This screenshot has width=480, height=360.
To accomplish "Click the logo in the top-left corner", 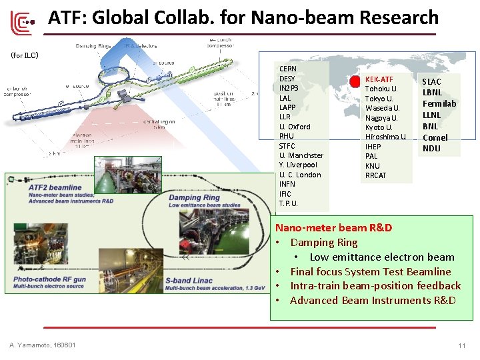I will (x=21, y=24).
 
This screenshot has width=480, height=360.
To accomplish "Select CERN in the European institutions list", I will (x=288, y=69).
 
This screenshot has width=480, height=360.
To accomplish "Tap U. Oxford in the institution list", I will (x=295, y=127).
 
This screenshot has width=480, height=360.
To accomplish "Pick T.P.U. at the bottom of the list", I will (x=289, y=203).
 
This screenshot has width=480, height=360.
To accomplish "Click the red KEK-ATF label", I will (x=379, y=79).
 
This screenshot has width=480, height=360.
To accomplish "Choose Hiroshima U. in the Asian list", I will (x=385, y=137).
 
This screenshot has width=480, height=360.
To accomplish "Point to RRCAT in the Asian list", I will (x=376, y=175).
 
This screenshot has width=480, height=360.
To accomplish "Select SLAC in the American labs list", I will (x=431, y=81).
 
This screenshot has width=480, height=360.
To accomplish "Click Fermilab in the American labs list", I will (x=439, y=103).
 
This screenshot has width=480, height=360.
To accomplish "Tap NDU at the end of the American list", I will (x=431, y=149).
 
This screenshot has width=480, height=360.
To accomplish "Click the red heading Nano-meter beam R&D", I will (x=333, y=228).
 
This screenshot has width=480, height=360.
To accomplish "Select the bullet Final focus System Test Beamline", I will (x=370, y=271).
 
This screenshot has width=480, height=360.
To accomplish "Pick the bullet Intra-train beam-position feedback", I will (x=375, y=286).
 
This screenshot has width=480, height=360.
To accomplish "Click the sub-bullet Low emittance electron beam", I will (x=381, y=257).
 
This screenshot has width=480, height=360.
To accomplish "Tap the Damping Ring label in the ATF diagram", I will (x=193, y=197).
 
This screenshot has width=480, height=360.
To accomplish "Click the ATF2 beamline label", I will (x=57, y=187).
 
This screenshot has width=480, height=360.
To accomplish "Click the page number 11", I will (x=461, y=345).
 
